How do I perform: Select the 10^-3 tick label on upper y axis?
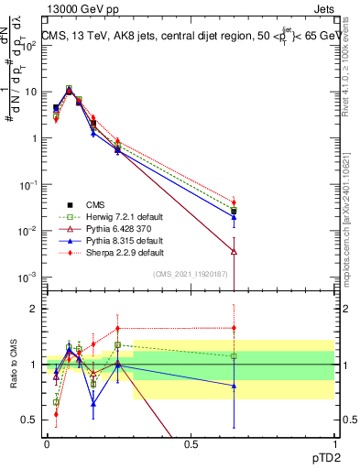click(x=27, y=277)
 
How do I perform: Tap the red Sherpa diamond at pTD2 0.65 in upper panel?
click(x=234, y=202)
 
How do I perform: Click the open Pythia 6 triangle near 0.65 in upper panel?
click(x=234, y=251)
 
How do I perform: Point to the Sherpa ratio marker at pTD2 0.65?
click(x=234, y=328)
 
